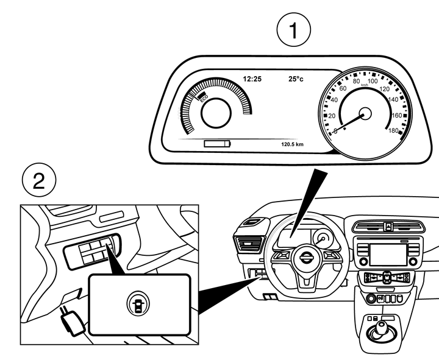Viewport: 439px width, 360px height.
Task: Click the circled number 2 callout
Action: click(x=38, y=182)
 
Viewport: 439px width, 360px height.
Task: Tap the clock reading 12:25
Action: click(x=252, y=79)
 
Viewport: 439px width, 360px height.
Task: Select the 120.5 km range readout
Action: click(x=292, y=144)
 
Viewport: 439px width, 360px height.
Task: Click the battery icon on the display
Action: click(x=218, y=144)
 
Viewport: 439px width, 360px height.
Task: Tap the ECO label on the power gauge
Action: click(x=204, y=97)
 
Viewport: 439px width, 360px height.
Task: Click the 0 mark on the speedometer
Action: click(x=335, y=130)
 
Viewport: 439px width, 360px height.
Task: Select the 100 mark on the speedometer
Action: click(x=372, y=81)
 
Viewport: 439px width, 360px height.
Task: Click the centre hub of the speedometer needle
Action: click(x=365, y=113)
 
